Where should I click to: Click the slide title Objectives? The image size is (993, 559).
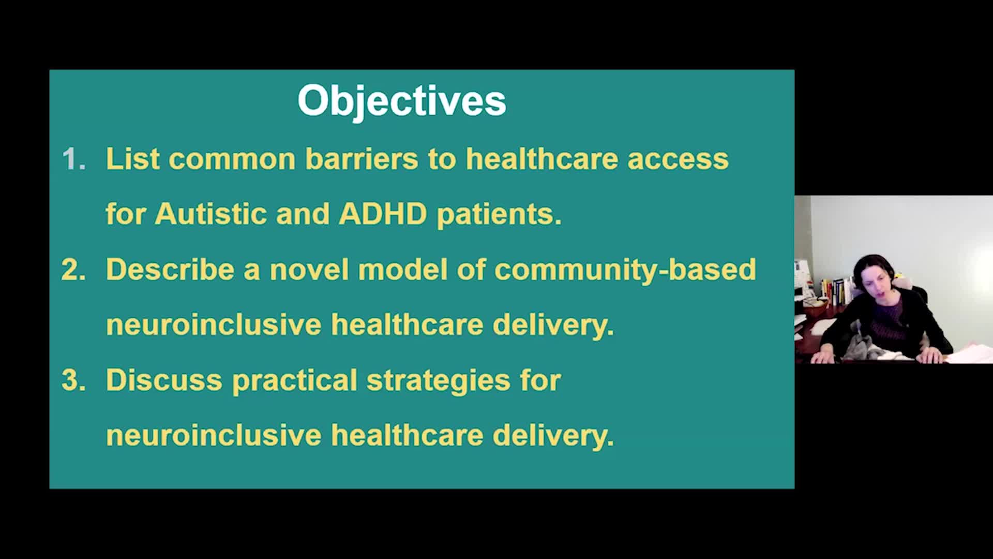coord(402,101)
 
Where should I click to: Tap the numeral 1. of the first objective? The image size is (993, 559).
coord(74,159)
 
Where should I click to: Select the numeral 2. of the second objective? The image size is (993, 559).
coord(73,270)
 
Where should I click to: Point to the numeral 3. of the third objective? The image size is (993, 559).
coord(73,380)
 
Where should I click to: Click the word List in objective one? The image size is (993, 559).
coord(132,158)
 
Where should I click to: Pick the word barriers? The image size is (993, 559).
coord(362,158)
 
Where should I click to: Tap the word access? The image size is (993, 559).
coord(678,159)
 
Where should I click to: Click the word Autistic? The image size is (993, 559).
coord(210,214)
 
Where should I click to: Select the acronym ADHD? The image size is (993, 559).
coord(383,214)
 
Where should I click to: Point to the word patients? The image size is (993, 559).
coord(499,215)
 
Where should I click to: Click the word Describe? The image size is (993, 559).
coord(170,269)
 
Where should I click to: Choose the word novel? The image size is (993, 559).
coord(309,270)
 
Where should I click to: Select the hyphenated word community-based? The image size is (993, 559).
coord(625,270)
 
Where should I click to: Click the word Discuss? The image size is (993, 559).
coord(164,380)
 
